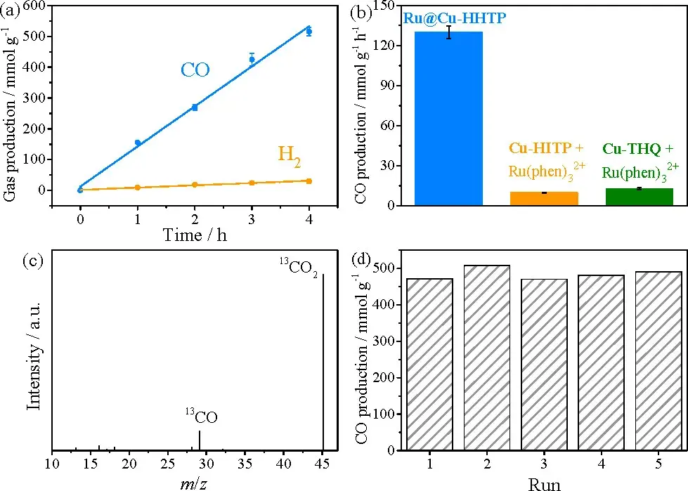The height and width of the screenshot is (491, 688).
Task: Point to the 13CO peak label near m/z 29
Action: pyautogui.click(x=202, y=417)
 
